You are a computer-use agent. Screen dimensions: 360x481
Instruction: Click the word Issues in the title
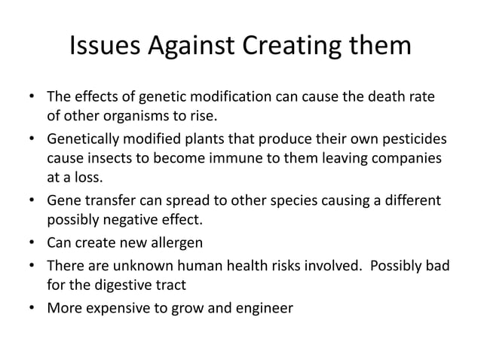(106, 46)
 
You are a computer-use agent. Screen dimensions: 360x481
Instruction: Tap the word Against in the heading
(191, 46)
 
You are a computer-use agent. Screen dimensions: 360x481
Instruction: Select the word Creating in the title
(294, 46)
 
